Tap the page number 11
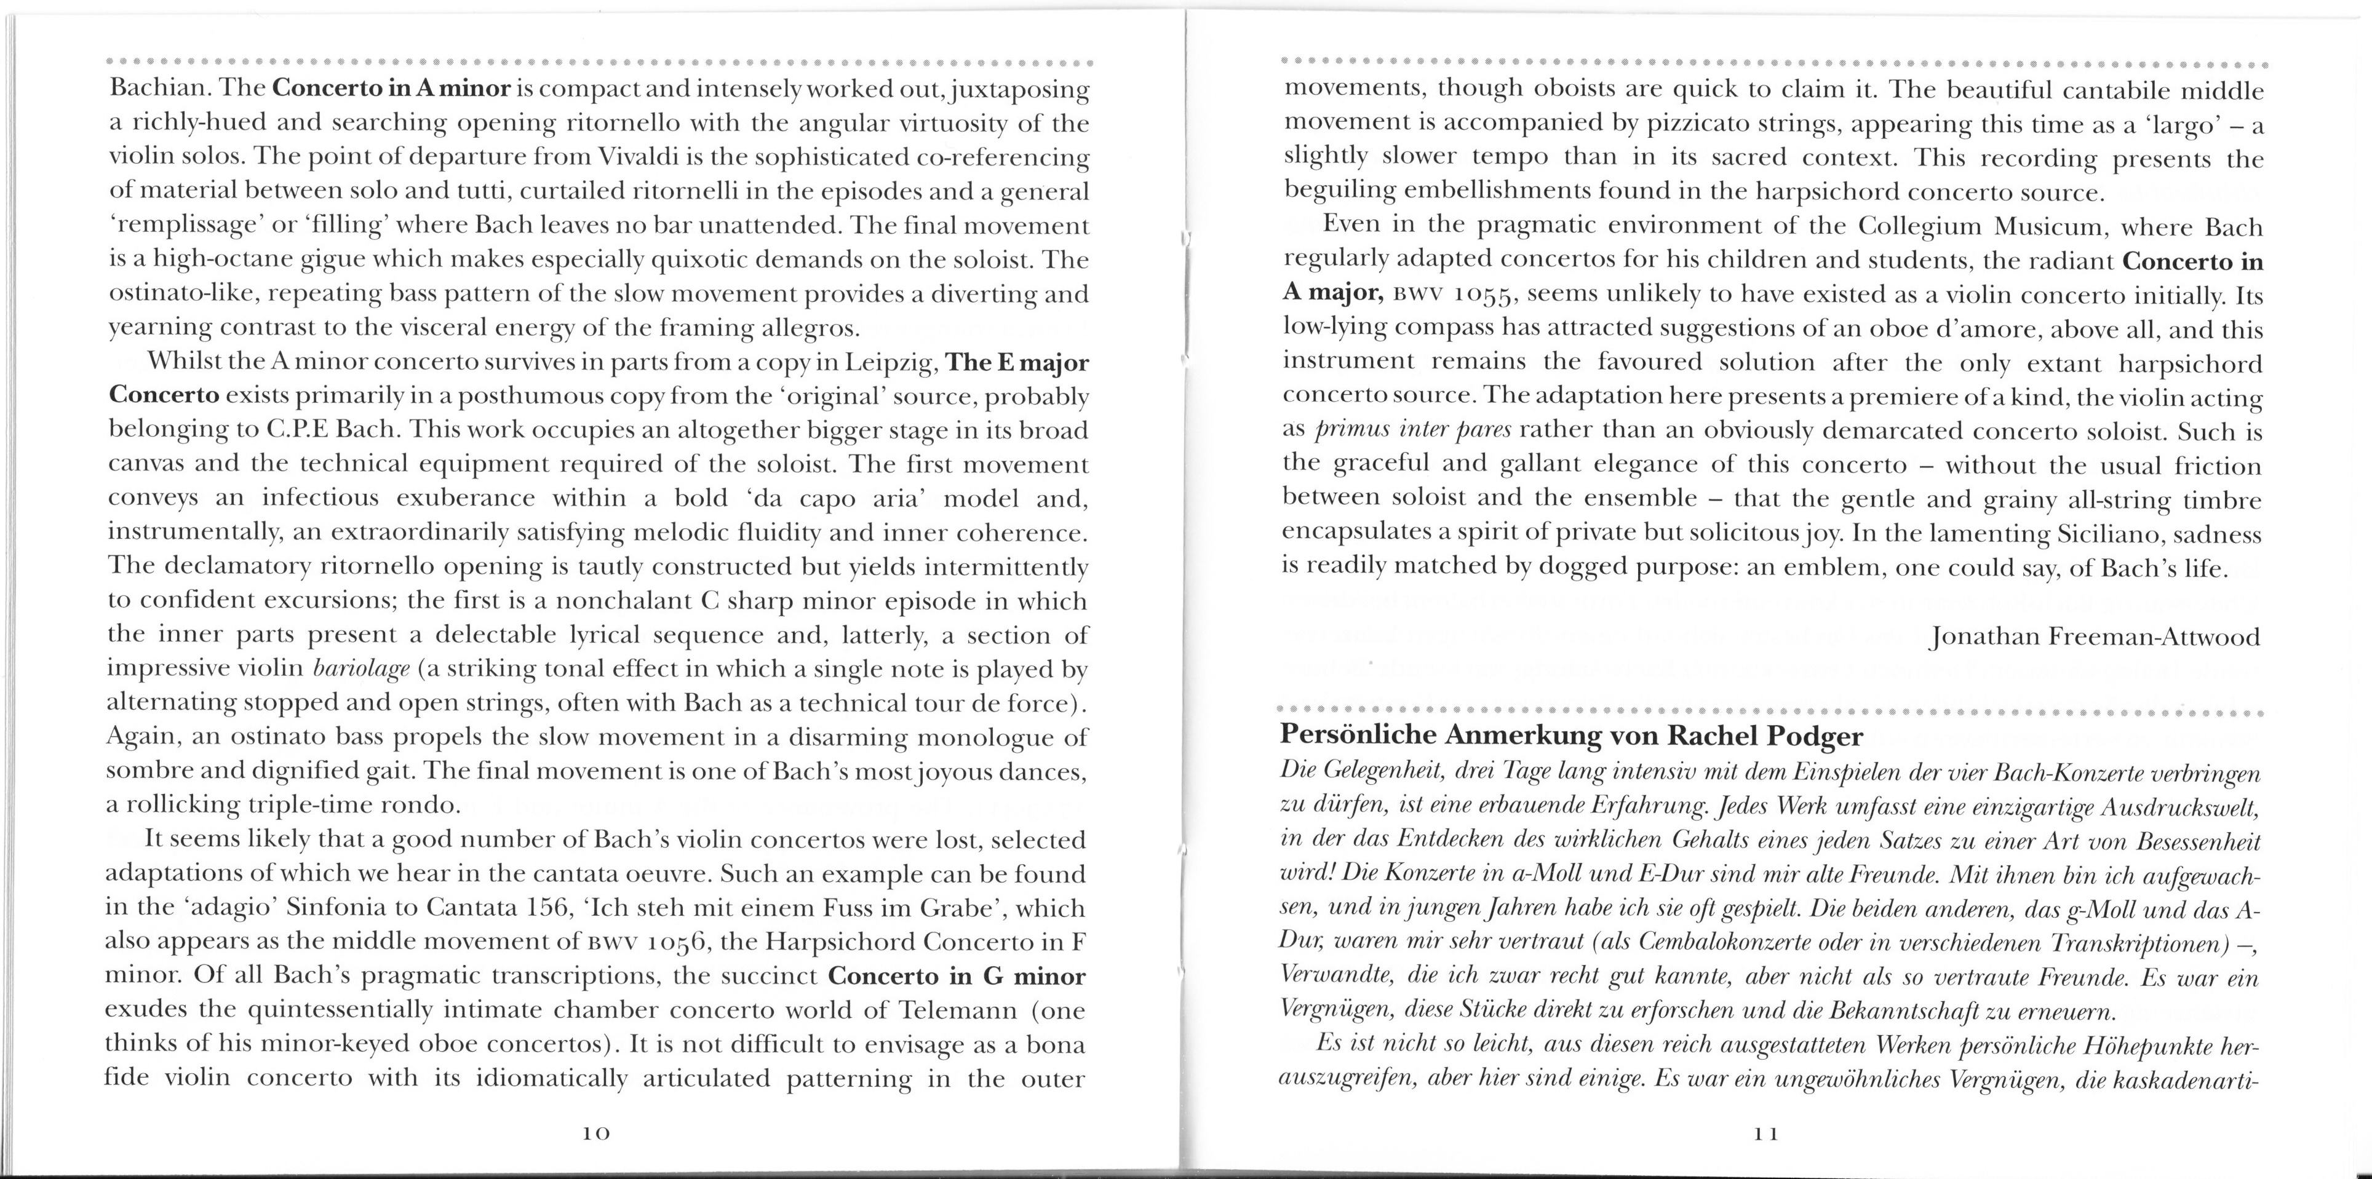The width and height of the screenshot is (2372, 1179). click(x=1766, y=1135)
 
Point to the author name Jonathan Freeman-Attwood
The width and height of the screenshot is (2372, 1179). click(x=2094, y=637)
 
